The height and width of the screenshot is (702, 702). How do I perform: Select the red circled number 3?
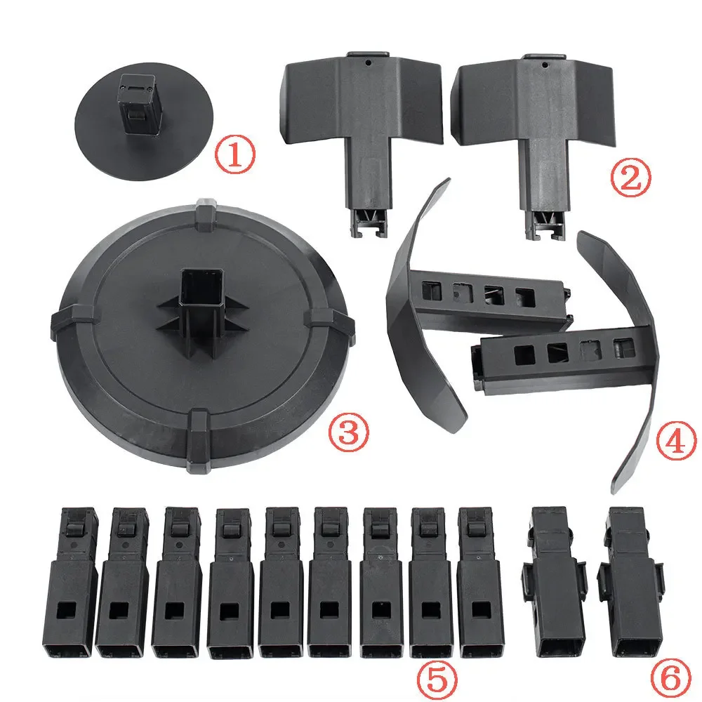coord(349,430)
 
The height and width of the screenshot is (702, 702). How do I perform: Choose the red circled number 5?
coord(438,679)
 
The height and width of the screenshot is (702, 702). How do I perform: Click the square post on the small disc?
coord(140,104)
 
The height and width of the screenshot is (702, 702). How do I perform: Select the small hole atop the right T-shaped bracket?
coord(545,65)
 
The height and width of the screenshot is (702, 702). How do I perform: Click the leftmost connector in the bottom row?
coord(69,582)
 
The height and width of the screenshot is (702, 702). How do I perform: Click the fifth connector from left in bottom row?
coord(282,583)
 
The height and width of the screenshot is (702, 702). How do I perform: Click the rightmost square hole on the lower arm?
coord(624,348)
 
